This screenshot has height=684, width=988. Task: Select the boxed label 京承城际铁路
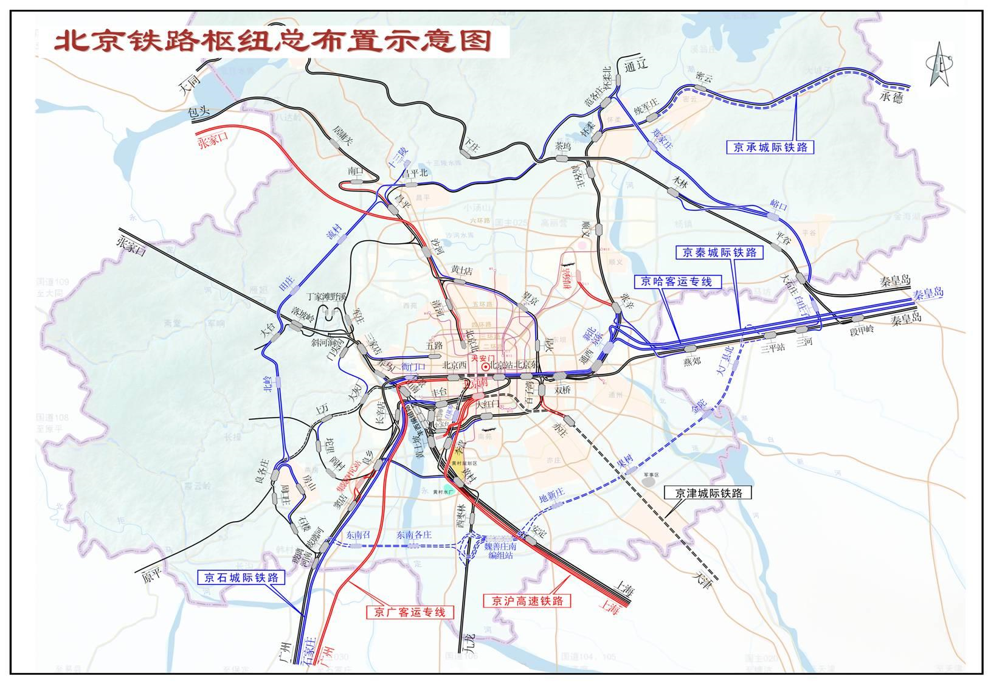(x=770, y=147)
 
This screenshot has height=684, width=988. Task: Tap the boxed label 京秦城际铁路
(x=719, y=252)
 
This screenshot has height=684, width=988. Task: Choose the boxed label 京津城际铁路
(x=707, y=493)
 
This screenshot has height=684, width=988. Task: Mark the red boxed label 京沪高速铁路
(x=527, y=601)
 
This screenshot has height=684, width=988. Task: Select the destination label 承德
(x=891, y=97)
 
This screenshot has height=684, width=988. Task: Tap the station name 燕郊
(x=691, y=361)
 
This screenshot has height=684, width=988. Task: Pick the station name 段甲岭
(x=861, y=330)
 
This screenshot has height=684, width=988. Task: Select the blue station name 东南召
(x=358, y=535)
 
